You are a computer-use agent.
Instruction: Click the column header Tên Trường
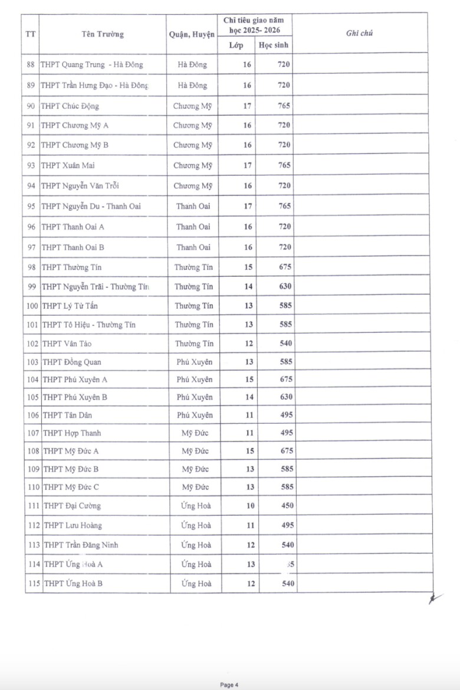(x=103, y=34)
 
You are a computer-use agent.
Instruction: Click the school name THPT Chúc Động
(x=70, y=106)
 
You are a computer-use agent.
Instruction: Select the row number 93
(x=31, y=166)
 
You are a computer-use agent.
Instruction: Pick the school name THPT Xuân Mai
(x=66, y=166)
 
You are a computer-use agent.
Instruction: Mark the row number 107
(x=33, y=433)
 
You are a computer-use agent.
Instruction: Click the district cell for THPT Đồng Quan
(x=194, y=362)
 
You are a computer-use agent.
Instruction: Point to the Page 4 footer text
(x=229, y=685)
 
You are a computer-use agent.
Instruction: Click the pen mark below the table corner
(x=435, y=599)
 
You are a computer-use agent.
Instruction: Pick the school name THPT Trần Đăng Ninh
(x=81, y=545)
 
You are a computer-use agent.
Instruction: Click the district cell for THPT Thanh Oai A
(x=193, y=227)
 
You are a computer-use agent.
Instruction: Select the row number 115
(x=33, y=584)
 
